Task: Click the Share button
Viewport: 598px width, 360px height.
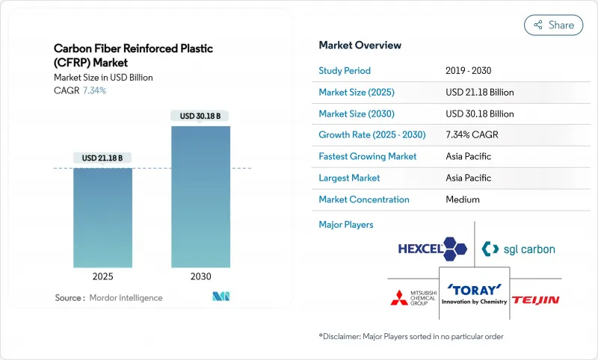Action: (x=553, y=25)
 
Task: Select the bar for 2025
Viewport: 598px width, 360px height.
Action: (x=102, y=217)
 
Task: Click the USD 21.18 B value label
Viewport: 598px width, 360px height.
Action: (x=102, y=158)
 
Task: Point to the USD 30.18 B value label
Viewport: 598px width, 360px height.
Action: (x=200, y=116)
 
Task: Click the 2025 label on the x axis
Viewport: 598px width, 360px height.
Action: (x=102, y=276)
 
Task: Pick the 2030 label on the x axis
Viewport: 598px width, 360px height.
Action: (x=200, y=276)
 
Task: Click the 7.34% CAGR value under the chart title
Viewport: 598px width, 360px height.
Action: (x=93, y=90)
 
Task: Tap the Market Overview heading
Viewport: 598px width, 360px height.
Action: (x=360, y=46)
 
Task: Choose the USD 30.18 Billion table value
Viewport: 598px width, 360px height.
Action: (x=480, y=114)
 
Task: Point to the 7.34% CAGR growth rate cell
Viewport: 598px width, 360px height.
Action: (x=472, y=135)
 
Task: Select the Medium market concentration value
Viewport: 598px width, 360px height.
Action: (x=462, y=199)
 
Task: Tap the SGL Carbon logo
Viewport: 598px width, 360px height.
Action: (x=519, y=249)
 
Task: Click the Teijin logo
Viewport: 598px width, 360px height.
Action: (x=536, y=300)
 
